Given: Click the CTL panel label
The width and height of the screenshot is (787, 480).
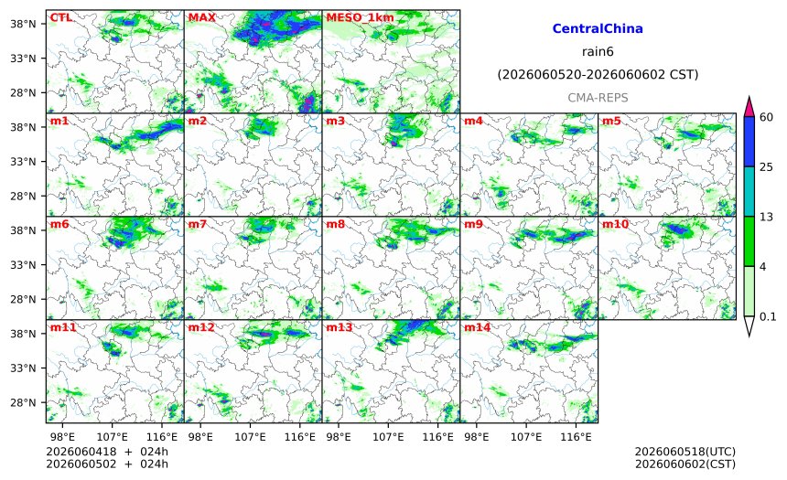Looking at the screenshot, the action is coord(60,18).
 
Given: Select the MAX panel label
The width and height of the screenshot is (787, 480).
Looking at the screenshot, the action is coord(201,18).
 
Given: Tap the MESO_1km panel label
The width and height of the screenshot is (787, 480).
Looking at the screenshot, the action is coord(360,18).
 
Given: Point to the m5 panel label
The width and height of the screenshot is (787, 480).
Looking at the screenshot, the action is coord(610,122).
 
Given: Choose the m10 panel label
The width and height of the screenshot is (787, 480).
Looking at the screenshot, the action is coord(615,225).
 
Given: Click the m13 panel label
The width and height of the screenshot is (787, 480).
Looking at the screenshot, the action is coord(340,328).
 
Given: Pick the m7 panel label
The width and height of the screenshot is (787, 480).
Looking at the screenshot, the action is coord(198,225).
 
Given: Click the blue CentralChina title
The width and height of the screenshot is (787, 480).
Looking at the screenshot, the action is coord(598,28).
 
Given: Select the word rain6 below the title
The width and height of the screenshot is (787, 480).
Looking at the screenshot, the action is coord(598,52).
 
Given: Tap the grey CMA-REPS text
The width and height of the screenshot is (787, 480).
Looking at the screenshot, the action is coord(598,98).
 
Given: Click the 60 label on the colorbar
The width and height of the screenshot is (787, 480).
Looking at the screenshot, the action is coord(767,117).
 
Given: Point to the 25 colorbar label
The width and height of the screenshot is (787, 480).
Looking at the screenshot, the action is coord(767,167).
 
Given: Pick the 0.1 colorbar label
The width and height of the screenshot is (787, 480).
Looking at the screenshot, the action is coord(768,316).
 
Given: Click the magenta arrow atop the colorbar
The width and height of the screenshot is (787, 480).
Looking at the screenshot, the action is coord(749,106).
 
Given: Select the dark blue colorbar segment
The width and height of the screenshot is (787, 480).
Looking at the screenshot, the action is coord(749,142).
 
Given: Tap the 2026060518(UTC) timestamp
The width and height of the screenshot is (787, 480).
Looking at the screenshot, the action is coord(685,452).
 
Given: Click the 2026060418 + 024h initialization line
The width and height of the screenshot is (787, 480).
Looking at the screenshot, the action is coord(107,452).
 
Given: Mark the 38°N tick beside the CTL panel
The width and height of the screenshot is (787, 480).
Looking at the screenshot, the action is coord(23,24).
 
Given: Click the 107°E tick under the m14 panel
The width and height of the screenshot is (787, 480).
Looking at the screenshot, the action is coord(526,437).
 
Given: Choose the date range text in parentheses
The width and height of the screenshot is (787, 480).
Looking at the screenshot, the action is coord(598,75).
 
